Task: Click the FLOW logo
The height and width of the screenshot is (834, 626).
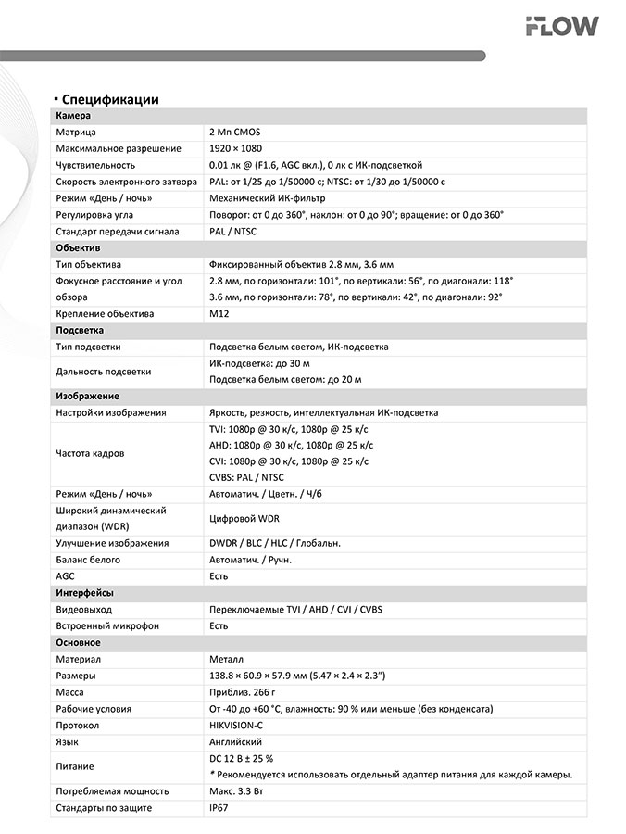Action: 561,27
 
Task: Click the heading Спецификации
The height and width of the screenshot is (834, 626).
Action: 111,99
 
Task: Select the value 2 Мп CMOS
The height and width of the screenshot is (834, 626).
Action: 235,133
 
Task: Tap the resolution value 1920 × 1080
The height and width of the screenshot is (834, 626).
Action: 236,148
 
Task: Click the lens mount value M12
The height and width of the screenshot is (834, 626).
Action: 219,313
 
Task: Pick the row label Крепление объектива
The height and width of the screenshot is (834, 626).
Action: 105,313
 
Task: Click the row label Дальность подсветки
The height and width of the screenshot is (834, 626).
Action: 103,372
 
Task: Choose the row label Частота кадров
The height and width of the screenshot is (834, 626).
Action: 90,453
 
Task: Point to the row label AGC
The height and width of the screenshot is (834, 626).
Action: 65,576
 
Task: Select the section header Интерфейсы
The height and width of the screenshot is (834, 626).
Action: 84,593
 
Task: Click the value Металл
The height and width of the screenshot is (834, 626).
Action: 227,659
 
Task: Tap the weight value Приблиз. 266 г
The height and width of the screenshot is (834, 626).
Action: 243,692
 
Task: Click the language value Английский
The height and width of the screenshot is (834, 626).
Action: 236,741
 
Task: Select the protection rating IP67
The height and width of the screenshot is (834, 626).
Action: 219,808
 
